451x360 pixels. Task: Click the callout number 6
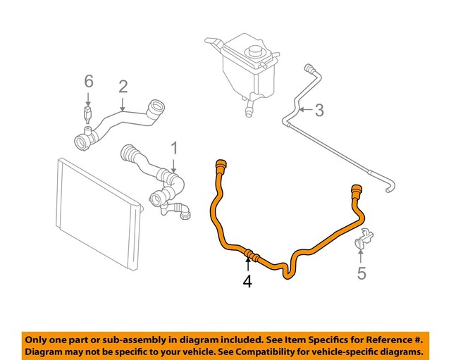tap(88, 82)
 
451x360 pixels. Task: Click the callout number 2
tap(123, 87)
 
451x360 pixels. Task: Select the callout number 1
tap(173, 148)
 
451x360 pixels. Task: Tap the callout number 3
tap(319, 110)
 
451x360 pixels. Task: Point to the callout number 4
tap(247, 282)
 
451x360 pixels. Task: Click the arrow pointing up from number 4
tap(247, 265)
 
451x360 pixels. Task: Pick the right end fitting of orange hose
tap(355, 190)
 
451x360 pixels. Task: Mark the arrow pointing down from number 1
tap(173, 164)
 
